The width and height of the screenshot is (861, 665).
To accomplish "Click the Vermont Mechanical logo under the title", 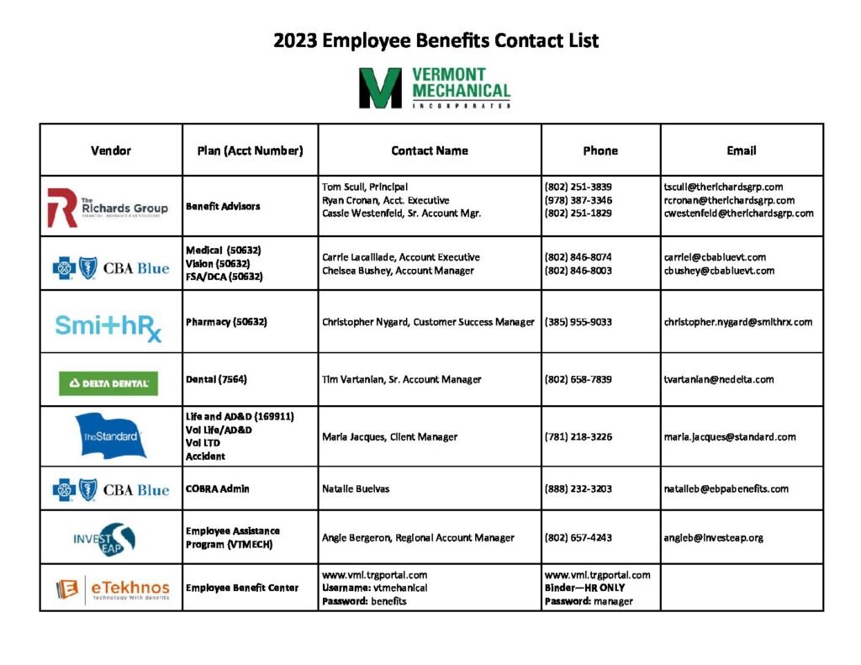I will (434, 88).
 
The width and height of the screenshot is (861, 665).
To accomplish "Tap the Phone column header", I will (600, 150).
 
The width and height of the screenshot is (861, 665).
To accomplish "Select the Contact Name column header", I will (430, 150).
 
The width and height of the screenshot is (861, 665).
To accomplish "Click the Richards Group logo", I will (108, 207).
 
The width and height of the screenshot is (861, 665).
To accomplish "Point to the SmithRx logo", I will (108, 325).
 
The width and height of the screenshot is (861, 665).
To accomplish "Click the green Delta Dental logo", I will (108, 383).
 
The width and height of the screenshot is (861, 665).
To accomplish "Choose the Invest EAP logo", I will (104, 539).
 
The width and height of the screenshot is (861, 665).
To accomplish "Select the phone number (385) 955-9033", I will (578, 322).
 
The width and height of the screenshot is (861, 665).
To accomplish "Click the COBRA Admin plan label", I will (218, 488).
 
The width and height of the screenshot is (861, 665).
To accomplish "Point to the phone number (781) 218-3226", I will (578, 436).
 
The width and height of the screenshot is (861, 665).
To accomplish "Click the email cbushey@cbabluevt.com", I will (719, 271).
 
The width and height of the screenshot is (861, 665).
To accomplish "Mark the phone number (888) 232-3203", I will (578, 488).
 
